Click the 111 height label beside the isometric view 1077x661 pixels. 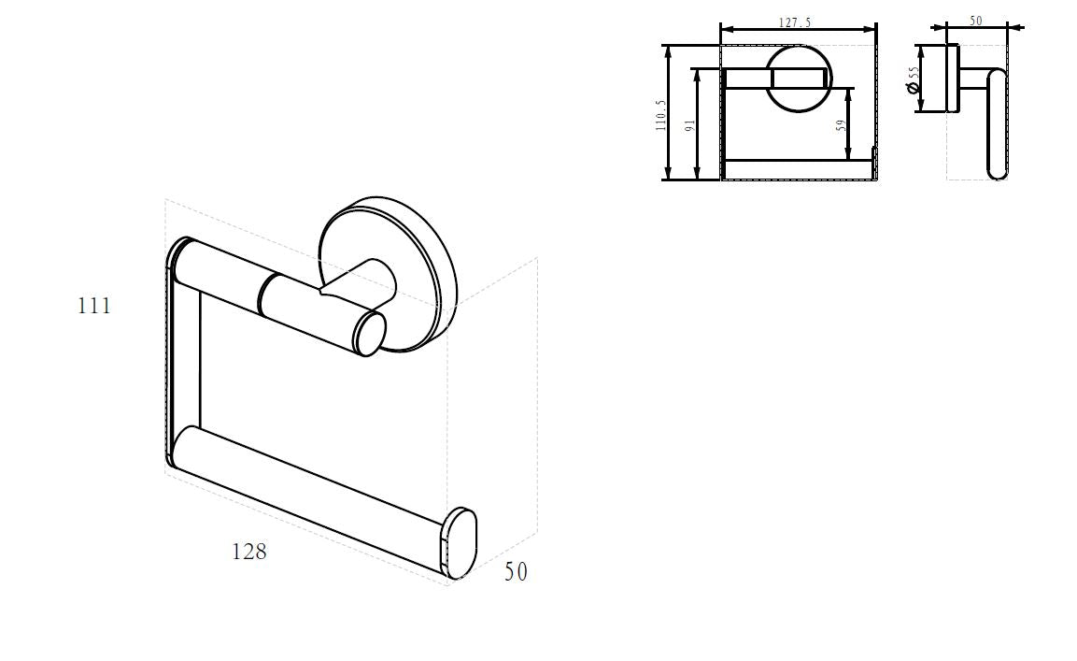click(x=94, y=305)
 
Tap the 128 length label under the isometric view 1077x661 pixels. click(x=248, y=551)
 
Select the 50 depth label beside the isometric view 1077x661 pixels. click(x=516, y=571)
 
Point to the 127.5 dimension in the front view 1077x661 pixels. click(x=795, y=22)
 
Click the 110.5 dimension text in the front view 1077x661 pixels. click(x=660, y=115)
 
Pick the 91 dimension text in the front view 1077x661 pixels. click(x=690, y=125)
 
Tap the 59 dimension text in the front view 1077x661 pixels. click(x=840, y=125)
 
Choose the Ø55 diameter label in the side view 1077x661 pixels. click(x=913, y=79)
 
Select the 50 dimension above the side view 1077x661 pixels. click(x=976, y=21)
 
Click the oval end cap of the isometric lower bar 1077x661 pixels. click(x=460, y=542)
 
